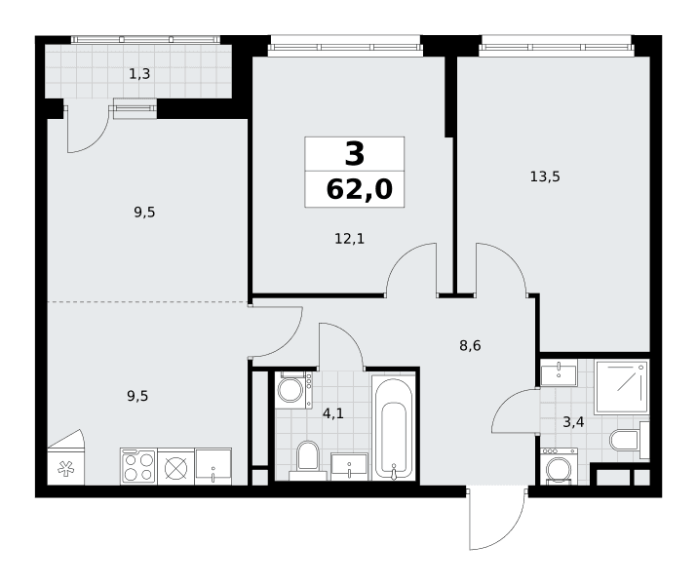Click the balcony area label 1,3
click(139, 74)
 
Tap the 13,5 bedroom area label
click(545, 176)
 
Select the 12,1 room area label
click(349, 239)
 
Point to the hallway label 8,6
click(470, 345)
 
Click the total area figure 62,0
click(360, 189)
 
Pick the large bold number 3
click(354, 153)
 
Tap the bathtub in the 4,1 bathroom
click(394, 429)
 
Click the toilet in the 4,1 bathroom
click(308, 459)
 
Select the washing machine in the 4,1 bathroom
click(293, 390)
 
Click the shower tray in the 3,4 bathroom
click(621, 387)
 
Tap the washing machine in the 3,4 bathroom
click(559, 467)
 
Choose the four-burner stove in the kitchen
click(137, 466)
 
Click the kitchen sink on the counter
click(213, 466)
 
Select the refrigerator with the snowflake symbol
click(65, 458)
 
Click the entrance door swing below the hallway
click(498, 519)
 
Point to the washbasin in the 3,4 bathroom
click(559, 373)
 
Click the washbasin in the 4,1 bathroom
click(349, 467)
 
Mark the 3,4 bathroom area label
click(573, 422)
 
